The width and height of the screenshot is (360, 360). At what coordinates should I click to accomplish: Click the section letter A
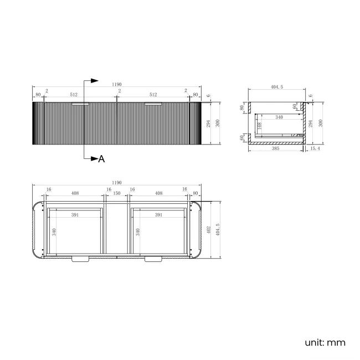point(101,159)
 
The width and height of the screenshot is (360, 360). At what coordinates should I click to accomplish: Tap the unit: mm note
point(325,342)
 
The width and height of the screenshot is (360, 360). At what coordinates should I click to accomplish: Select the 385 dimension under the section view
point(275,148)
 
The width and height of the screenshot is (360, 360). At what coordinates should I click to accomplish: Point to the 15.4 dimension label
point(315,148)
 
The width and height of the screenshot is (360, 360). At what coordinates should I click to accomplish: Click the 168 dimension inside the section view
point(260,126)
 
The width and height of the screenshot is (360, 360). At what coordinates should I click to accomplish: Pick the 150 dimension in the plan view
point(117,193)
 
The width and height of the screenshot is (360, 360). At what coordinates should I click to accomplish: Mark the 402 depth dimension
point(209,230)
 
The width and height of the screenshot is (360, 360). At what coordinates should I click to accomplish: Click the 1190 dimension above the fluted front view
point(117,84)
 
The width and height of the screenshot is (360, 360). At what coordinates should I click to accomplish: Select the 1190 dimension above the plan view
point(117,183)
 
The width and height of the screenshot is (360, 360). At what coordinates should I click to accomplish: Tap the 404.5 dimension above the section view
point(277,87)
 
